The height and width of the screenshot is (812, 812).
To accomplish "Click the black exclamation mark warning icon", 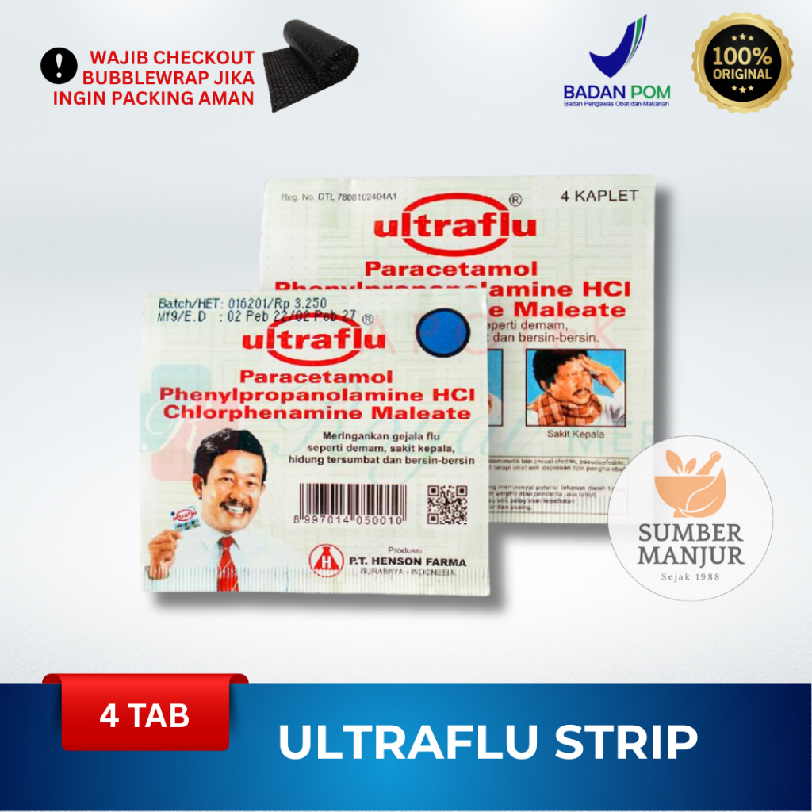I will pyautogui.click(x=59, y=67).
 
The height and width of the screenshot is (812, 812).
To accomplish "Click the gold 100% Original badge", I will pyautogui.click(x=741, y=66).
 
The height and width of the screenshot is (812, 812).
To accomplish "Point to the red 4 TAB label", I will pyautogui.click(x=144, y=716).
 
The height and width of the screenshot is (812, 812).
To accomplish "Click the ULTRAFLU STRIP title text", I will pyautogui.click(x=488, y=743).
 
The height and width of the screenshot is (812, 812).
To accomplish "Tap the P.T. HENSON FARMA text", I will pyautogui.click(x=408, y=561).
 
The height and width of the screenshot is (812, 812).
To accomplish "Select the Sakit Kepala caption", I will pyautogui.click(x=575, y=435).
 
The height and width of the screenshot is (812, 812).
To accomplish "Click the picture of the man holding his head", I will pyautogui.click(x=575, y=388).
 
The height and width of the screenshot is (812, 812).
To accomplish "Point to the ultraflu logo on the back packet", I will pyautogui.click(x=455, y=227).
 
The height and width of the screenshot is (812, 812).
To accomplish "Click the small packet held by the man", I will pyautogui.click(x=185, y=520).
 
